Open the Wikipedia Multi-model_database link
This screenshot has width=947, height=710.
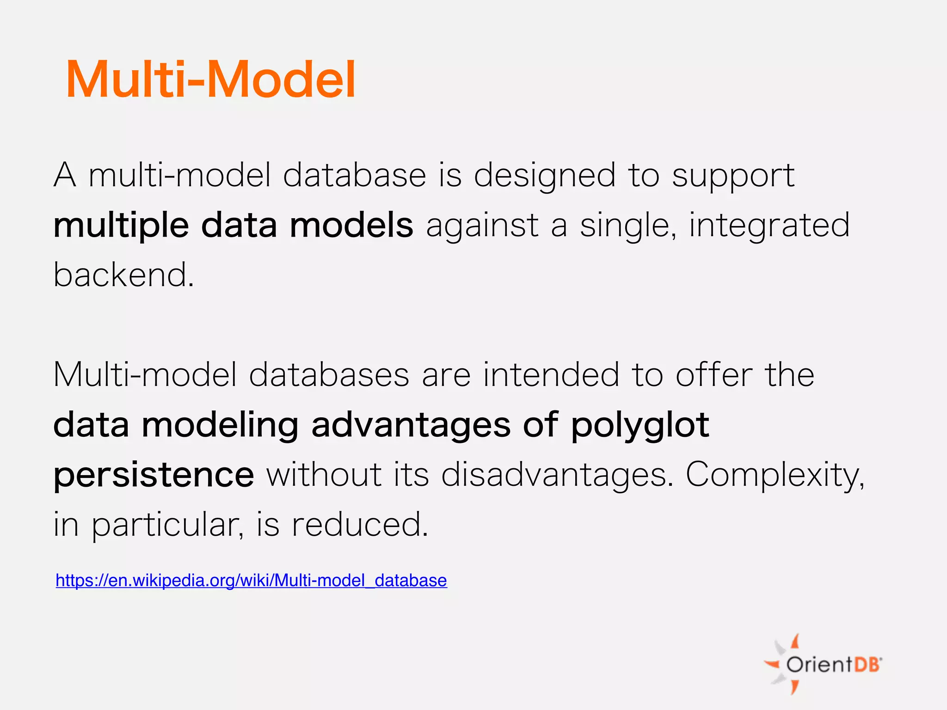[251, 580]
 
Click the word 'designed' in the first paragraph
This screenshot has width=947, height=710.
[545, 177]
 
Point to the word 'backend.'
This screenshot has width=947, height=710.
[123, 275]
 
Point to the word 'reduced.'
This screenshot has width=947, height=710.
[360, 525]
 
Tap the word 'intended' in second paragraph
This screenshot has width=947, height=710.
[551, 374]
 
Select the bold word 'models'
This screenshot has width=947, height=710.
[351, 226]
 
